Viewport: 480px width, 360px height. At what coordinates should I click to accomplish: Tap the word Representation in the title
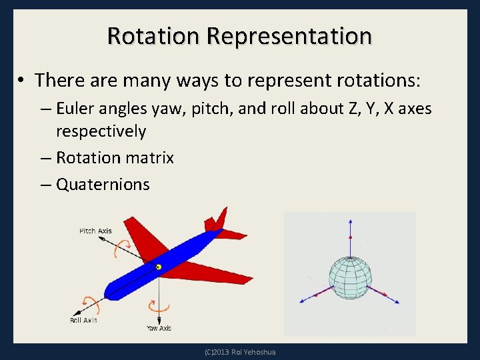[289, 35]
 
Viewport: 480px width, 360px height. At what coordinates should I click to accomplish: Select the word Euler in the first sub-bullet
[76, 108]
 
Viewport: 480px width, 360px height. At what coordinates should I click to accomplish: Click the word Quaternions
[103, 184]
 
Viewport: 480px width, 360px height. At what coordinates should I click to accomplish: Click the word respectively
[101, 131]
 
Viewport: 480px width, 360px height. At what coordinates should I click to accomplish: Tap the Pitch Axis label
[95, 231]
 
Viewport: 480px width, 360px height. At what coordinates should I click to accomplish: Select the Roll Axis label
[83, 321]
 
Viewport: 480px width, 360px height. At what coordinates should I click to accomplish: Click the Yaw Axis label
[159, 328]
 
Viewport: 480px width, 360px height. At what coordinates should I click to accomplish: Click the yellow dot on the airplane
[159, 267]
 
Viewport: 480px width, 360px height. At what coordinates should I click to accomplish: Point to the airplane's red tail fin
[217, 219]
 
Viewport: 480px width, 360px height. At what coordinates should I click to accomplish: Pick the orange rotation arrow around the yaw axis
[159, 307]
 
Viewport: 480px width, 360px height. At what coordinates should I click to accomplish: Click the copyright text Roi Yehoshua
[240, 352]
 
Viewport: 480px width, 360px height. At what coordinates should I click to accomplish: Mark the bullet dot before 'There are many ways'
[22, 81]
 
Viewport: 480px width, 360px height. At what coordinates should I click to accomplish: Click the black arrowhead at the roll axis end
[75, 312]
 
